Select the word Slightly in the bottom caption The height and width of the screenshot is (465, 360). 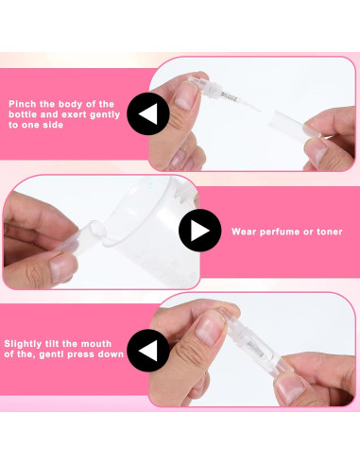tap(26, 343)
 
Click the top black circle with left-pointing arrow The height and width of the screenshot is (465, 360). tap(148, 114)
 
